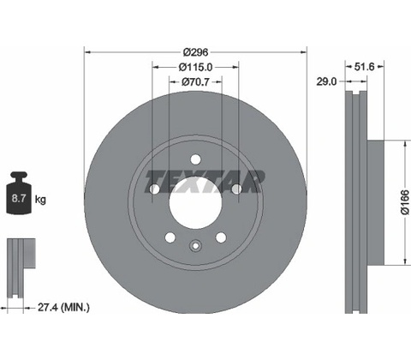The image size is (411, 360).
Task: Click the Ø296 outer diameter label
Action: coord(195,52)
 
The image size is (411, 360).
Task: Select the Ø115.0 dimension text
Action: coord(195,67)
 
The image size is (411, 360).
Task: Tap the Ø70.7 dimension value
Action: coord(195,82)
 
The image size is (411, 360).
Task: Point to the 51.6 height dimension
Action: coord(364,67)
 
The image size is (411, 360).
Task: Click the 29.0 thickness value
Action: coord(326,82)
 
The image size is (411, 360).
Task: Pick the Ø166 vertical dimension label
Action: coord(405,202)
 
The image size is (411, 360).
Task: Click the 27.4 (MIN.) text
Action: coord(63,308)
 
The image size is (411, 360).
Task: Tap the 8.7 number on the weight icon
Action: coord(19,198)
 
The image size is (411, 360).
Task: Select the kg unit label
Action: coord(40,199)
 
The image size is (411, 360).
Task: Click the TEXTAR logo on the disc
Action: coord(204,181)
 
